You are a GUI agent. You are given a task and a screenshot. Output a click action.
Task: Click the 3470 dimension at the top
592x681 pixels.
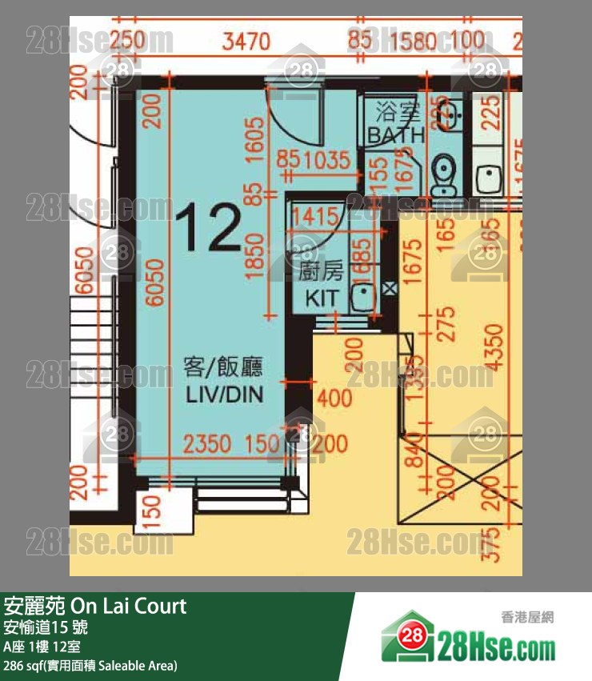246,39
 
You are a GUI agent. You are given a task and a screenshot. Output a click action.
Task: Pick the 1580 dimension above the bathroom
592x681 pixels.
410,39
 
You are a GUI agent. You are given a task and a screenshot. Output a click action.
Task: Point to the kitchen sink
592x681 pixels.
362,297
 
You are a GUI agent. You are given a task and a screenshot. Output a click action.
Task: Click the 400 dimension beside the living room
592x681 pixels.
334,396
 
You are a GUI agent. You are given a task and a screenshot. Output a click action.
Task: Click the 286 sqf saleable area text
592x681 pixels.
90,665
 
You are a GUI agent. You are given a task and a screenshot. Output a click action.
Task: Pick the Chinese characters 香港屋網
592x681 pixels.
527,617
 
